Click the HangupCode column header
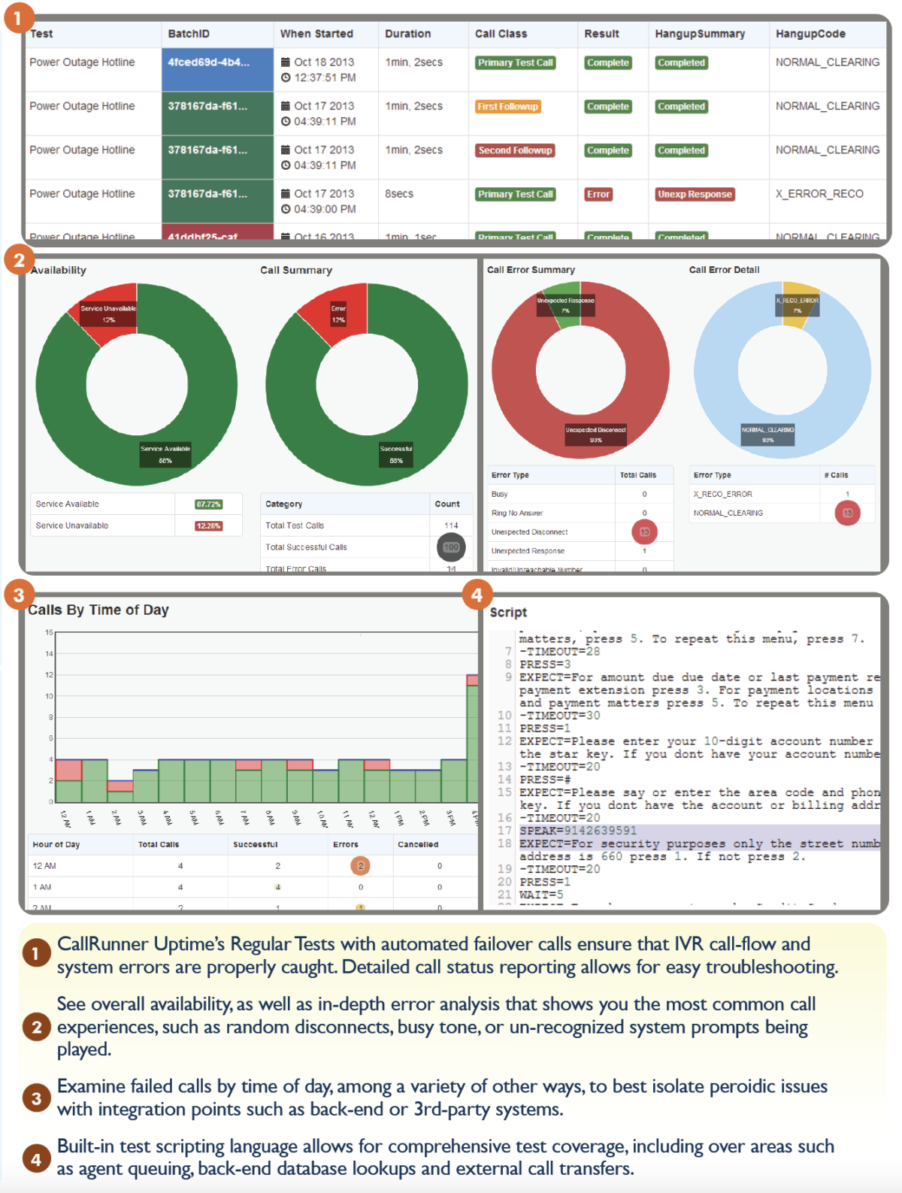point(810,34)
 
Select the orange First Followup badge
point(508,107)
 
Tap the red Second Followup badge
point(516,150)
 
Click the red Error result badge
point(598,194)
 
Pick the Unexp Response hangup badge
point(695,194)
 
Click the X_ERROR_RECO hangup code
point(819,194)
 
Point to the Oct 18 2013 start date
point(323,62)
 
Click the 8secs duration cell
point(399,194)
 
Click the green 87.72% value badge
point(208,504)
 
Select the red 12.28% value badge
point(208,526)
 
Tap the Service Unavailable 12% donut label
point(108,313)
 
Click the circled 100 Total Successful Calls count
point(451,547)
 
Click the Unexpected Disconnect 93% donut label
point(596,435)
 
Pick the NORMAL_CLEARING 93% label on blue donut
point(767,435)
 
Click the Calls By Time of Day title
point(98,610)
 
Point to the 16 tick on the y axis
point(49,633)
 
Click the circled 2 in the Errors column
point(361,866)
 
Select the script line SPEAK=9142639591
point(578,831)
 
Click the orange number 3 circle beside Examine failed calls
point(36,1098)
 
